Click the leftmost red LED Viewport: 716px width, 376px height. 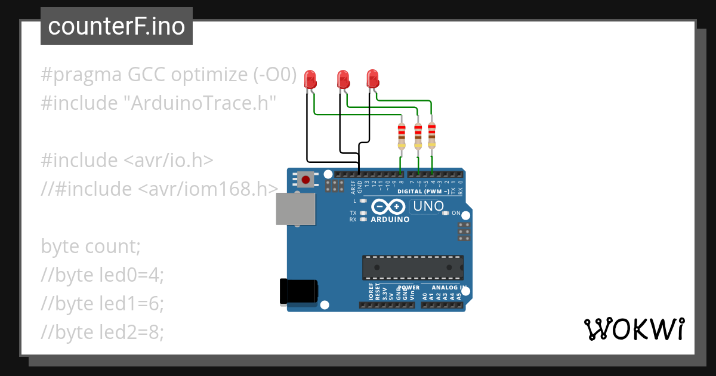[x=310, y=80]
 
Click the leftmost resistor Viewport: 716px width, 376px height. [x=402, y=137]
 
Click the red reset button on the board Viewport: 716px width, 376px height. [x=306, y=178]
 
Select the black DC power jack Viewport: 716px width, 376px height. [x=299, y=292]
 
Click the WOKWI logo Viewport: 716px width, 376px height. [x=634, y=329]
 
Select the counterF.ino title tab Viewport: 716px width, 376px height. [x=116, y=26]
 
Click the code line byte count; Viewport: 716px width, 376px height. [x=91, y=246]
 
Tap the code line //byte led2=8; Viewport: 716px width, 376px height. [x=102, y=332]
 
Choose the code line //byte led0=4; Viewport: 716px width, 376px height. [x=102, y=275]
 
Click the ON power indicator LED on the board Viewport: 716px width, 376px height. [x=445, y=213]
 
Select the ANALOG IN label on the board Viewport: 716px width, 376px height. [x=444, y=287]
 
